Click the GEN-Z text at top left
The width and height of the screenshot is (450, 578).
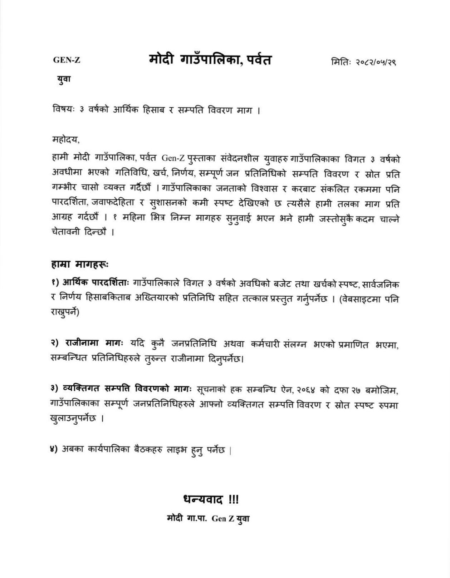point(67,60)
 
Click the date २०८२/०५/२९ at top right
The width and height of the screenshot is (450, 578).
point(375,62)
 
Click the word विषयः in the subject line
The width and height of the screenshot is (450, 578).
point(63,110)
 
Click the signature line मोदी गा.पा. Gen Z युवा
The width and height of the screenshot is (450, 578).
point(208,519)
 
